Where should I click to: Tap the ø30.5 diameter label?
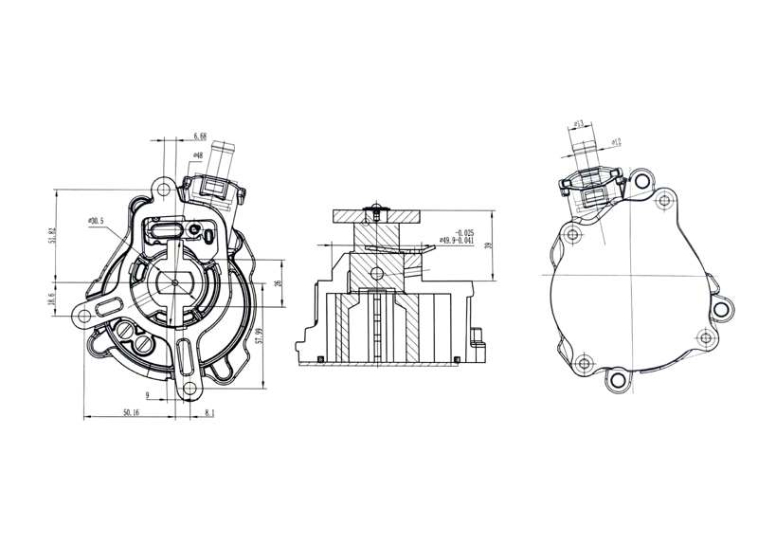pyautogui.click(x=97, y=221)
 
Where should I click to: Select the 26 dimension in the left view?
pyautogui.click(x=278, y=283)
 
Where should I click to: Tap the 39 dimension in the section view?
pyautogui.click(x=488, y=245)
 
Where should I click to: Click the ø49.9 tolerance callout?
pyautogui.click(x=456, y=238)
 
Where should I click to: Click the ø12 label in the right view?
pyautogui.click(x=615, y=141)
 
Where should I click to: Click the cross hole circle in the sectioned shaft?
pyautogui.click(x=378, y=274)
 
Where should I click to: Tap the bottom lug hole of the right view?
pyautogui.click(x=618, y=380)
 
